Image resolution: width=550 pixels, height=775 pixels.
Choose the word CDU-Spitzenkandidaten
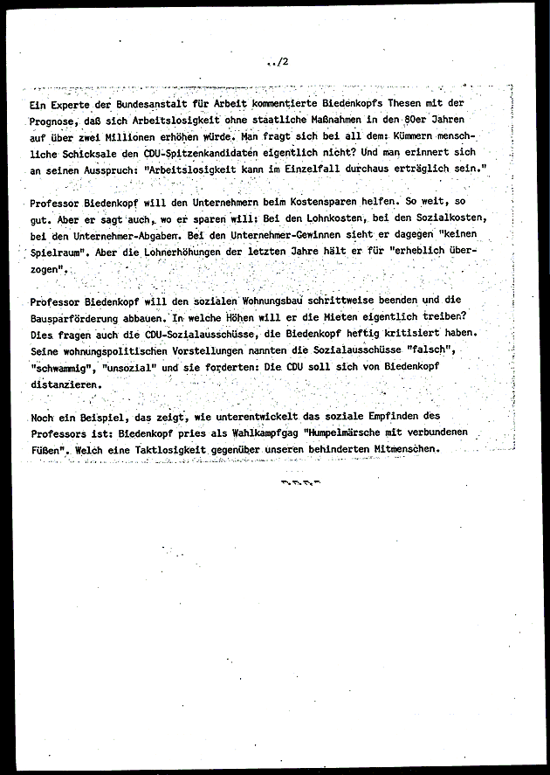[x=198, y=152]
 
